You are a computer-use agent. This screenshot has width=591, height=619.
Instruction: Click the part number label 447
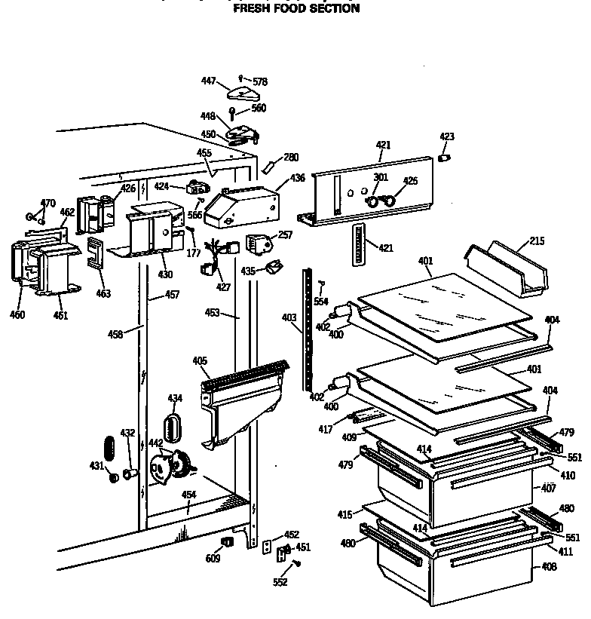click(209, 81)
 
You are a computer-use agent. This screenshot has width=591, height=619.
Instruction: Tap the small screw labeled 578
click(240, 78)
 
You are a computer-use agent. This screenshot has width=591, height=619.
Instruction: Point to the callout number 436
click(297, 178)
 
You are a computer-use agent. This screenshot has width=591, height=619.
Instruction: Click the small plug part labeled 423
click(444, 157)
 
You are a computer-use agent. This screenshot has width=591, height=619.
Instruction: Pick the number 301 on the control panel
click(380, 178)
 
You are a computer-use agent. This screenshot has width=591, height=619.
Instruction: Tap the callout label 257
click(285, 235)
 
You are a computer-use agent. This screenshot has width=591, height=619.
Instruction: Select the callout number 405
click(200, 361)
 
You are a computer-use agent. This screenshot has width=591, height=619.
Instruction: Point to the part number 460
click(17, 314)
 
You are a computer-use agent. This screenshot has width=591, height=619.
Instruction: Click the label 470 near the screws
click(47, 203)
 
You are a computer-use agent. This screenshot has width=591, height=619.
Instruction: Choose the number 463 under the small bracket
click(103, 293)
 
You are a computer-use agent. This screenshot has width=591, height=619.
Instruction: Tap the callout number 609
click(214, 559)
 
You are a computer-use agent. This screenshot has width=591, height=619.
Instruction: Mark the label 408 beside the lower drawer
click(548, 566)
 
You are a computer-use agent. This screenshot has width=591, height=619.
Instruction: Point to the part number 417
click(325, 429)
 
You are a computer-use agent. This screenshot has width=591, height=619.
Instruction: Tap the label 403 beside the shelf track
click(289, 317)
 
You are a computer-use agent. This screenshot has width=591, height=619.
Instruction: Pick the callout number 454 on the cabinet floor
click(189, 495)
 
